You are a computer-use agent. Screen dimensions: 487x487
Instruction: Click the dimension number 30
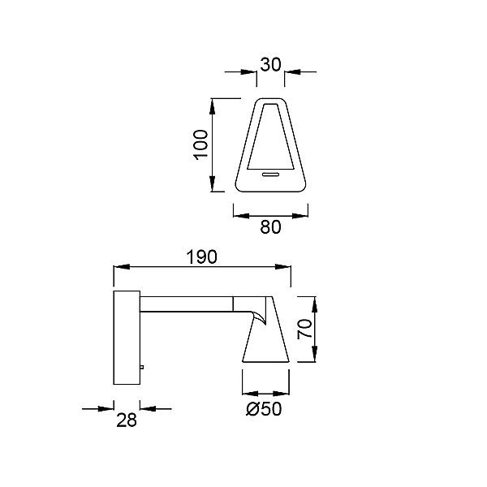270,65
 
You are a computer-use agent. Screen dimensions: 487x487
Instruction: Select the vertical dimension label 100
200,145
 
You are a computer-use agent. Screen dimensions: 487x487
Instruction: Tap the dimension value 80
270,226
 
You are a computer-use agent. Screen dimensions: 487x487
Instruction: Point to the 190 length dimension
201,257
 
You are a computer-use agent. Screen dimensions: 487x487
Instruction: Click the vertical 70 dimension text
304,329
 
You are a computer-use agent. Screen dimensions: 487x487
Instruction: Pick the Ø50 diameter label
264,409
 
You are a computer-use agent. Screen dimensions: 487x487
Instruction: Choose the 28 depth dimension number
127,420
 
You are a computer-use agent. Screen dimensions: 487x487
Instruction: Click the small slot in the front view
271,175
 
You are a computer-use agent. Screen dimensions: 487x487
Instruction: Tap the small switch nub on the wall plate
142,367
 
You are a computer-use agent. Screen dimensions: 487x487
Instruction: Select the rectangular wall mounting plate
127,338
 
